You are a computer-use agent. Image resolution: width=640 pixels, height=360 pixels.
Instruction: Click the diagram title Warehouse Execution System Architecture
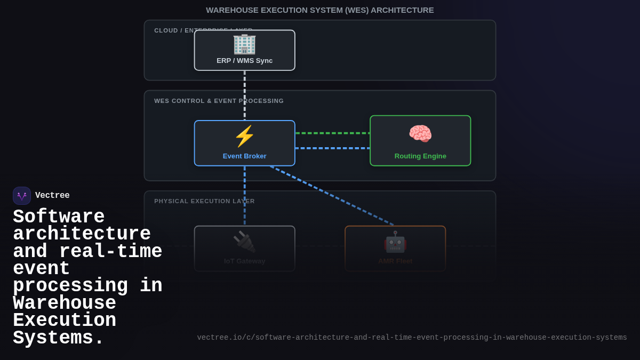[x=319, y=10]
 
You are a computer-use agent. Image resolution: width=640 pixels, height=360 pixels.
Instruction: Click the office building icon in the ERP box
[x=244, y=44]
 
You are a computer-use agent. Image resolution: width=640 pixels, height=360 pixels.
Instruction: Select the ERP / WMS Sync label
[x=244, y=61]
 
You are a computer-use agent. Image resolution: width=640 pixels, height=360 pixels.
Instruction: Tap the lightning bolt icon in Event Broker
[x=244, y=137]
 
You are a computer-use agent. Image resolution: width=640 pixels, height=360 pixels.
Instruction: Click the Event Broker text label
[x=244, y=156]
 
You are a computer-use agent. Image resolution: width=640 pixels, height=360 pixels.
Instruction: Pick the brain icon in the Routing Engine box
[x=420, y=133]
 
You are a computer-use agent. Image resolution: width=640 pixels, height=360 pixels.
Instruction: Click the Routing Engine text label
[x=420, y=156]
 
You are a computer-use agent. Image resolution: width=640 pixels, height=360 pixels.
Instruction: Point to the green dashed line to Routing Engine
[x=332, y=133]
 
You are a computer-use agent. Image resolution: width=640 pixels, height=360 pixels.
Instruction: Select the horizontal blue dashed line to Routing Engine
[x=332, y=148]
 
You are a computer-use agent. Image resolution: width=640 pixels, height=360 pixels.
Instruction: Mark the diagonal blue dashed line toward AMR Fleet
[x=331, y=195]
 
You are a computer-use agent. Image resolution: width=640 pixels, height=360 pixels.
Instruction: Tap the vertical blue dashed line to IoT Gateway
[x=245, y=195]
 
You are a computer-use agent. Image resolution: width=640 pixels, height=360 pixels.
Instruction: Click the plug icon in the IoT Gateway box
[x=244, y=242]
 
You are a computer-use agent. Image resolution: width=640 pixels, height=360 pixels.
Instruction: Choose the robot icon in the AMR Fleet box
[x=395, y=242]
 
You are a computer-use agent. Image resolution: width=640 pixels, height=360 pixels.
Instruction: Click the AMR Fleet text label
[x=395, y=261]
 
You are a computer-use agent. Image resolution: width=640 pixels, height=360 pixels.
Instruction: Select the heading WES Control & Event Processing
[x=219, y=101]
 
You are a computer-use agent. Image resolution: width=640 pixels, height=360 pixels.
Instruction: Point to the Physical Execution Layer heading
[x=204, y=201]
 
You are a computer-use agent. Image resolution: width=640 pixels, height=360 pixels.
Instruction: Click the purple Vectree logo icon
[x=22, y=196]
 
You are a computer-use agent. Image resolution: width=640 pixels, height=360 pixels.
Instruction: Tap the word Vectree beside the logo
[x=52, y=196]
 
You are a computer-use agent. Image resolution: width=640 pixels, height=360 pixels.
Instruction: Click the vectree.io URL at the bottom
[x=412, y=338]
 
